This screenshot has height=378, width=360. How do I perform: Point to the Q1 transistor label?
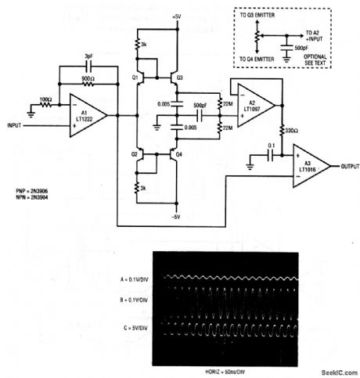pyautogui.click(x=135, y=77)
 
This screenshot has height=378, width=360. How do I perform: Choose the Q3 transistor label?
pyautogui.click(x=179, y=78)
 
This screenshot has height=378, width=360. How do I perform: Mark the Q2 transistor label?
pyautogui.click(x=135, y=154)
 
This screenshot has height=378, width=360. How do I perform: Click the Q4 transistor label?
pyautogui.click(x=179, y=154)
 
